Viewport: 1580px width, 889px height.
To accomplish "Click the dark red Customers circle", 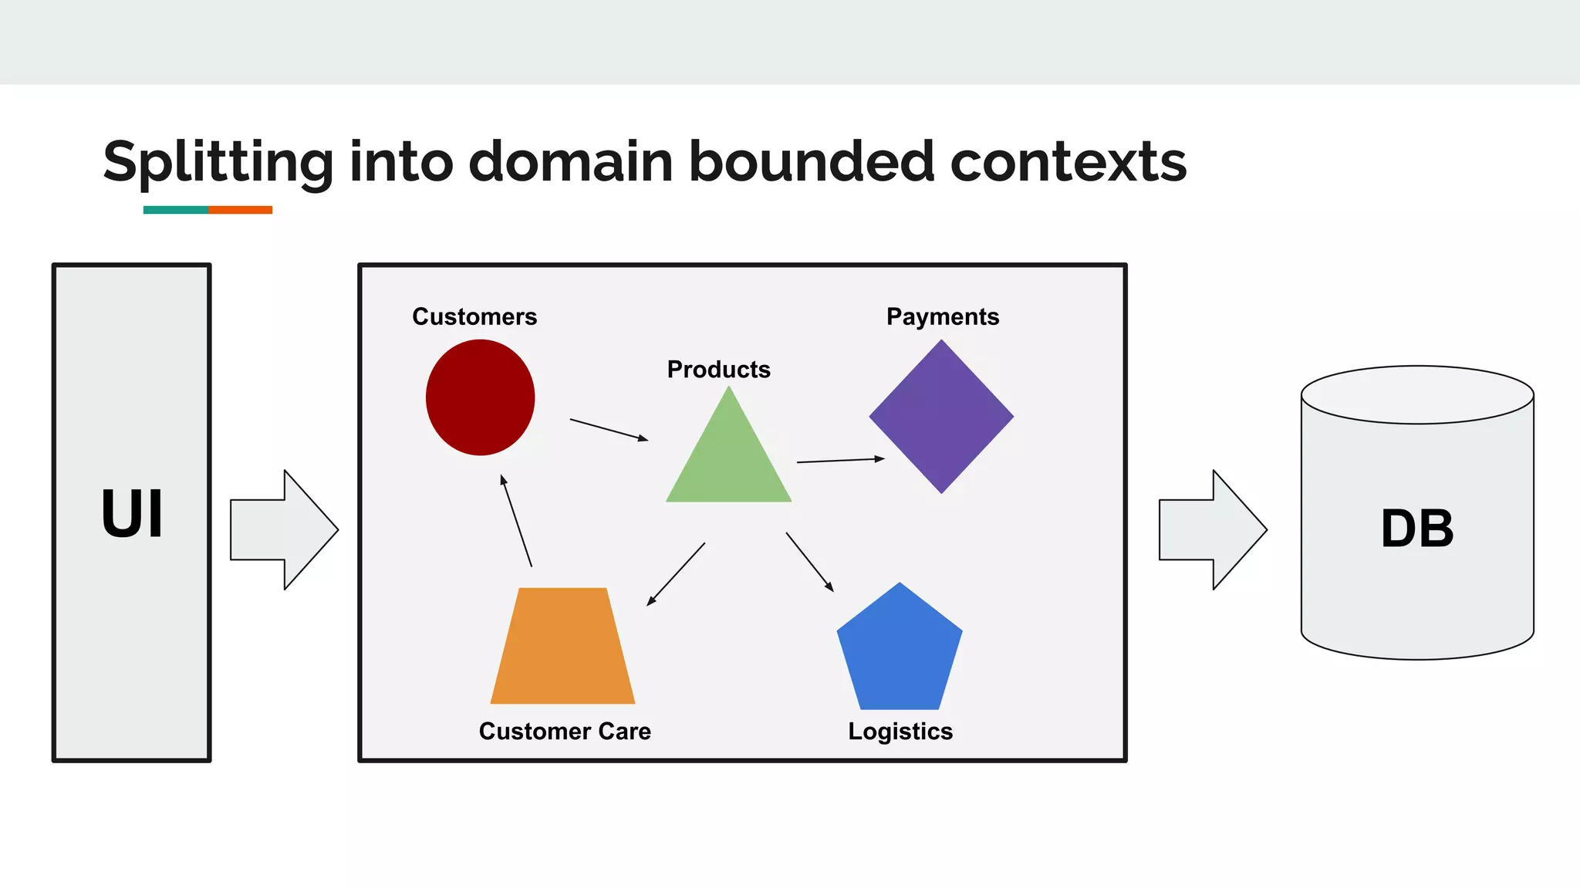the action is (480, 397).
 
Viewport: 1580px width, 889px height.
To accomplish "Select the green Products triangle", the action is (728, 463).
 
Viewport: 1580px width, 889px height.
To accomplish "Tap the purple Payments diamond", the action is (941, 417).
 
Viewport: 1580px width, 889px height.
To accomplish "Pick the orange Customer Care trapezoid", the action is (562, 648).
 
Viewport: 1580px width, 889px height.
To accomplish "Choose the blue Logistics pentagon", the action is (900, 652).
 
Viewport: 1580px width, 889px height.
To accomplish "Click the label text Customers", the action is (474, 316).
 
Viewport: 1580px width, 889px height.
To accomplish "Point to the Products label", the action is (718, 370).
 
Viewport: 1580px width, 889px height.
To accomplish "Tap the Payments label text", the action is (942, 316).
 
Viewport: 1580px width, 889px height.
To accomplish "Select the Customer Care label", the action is (565, 731).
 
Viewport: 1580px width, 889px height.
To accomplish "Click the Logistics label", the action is (900, 731).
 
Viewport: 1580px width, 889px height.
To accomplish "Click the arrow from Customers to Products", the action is (609, 430).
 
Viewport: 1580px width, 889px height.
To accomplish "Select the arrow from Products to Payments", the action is (840, 461).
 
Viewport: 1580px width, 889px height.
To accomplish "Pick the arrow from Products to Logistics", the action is (809, 562).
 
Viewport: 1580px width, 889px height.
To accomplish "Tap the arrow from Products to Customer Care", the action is (676, 574).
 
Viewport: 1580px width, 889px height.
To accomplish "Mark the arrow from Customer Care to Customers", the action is (516, 521).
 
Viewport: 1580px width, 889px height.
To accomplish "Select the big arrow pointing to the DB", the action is (1214, 530).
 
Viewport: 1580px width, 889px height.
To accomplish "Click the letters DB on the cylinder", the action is (1417, 529).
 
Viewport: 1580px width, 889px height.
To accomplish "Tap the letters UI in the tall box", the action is (132, 514).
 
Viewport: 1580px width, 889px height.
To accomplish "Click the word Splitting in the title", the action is (218, 162).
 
